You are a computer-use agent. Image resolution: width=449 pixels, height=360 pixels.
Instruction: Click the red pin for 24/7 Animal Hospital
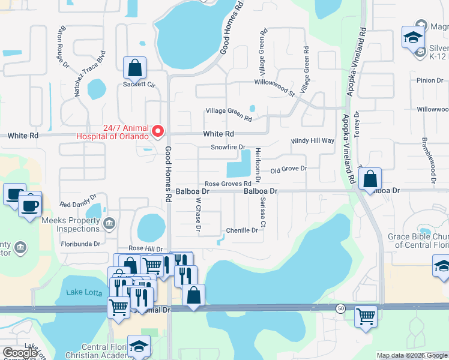coord(158,130)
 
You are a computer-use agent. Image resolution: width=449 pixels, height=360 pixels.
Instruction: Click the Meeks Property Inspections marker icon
coord(109,225)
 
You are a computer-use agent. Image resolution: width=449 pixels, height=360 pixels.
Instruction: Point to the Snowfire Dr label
coord(228,147)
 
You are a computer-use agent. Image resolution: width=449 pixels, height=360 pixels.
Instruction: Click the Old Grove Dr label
coord(288,169)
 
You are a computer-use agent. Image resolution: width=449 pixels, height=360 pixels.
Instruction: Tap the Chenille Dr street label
coord(242,230)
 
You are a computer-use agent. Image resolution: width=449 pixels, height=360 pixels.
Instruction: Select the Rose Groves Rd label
coord(228,184)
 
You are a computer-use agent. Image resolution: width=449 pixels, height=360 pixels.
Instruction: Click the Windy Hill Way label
coord(313,140)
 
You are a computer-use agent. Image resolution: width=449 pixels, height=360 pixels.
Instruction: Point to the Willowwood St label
coord(274,85)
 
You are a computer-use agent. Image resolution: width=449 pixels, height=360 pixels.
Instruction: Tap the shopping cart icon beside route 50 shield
coord(365,316)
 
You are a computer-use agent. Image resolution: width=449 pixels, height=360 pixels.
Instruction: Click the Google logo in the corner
coord(20,352)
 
